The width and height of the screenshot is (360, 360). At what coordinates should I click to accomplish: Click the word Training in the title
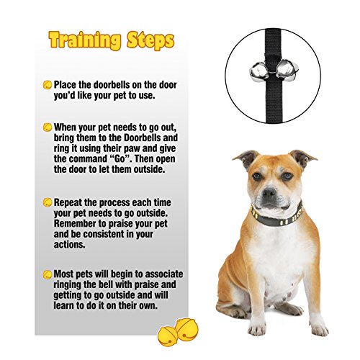coord(85,40)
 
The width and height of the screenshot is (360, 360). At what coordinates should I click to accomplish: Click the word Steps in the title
coord(150,40)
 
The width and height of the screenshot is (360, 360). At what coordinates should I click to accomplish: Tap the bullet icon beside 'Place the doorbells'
coord(48,85)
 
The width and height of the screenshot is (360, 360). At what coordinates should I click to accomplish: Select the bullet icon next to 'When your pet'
coord(48,127)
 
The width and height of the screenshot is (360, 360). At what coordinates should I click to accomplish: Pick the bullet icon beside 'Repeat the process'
coord(48,202)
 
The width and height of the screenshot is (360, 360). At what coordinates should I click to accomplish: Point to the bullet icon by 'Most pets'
coord(48,274)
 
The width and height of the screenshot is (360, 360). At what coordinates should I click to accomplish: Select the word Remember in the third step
coord(75,223)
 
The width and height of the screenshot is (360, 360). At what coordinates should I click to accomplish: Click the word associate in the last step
coord(164,274)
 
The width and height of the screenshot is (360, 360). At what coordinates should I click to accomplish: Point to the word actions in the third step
coord(69,245)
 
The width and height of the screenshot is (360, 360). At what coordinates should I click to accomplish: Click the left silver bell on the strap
coord(259,71)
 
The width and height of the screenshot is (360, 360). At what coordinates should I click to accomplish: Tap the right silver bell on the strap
coord(287,70)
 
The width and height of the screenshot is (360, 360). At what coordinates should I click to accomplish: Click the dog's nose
coord(269,192)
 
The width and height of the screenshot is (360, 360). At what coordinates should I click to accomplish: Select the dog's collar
coord(277,216)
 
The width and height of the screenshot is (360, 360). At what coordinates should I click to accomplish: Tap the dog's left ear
coord(247,158)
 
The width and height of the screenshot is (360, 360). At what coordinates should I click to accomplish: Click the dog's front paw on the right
coord(318,328)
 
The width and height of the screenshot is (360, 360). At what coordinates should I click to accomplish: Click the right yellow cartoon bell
coord(187,330)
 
